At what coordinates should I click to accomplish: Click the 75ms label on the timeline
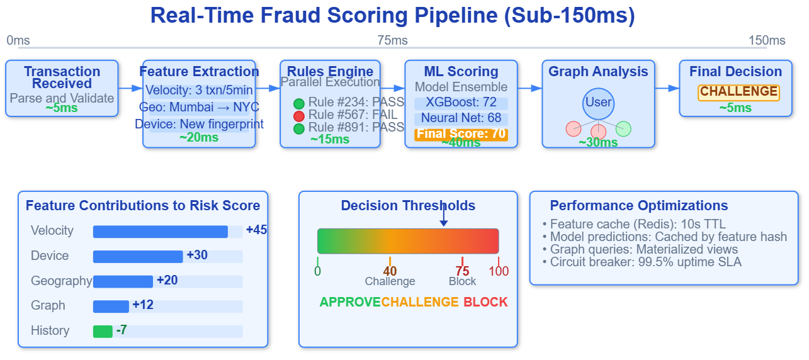(392, 41)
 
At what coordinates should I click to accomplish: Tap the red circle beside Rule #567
(299, 116)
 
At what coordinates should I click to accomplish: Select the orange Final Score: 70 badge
(461, 134)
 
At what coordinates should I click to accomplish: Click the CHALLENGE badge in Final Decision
(738, 92)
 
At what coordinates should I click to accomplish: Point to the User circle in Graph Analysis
(598, 103)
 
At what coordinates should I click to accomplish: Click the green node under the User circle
(623, 128)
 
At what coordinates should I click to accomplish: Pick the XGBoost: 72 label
(461, 103)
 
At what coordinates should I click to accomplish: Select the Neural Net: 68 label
(461, 118)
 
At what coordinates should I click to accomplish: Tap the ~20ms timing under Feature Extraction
(199, 138)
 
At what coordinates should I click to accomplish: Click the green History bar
(103, 331)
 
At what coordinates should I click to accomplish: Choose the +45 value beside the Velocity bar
(256, 230)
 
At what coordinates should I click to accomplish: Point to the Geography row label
(61, 281)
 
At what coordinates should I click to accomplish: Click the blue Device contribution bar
(138, 256)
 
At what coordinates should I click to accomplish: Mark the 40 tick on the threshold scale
(390, 271)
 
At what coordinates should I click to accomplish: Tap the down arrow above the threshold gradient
(443, 217)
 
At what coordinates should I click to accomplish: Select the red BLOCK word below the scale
(485, 302)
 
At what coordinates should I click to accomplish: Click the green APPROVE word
(350, 302)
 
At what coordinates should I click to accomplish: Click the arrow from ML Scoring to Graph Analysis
(529, 88)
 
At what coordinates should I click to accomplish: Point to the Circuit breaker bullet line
(642, 262)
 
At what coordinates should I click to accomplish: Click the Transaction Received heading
(62, 77)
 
